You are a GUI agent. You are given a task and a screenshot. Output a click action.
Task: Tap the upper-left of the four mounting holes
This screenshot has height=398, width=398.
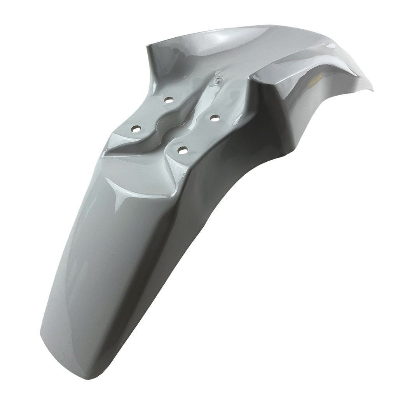168,100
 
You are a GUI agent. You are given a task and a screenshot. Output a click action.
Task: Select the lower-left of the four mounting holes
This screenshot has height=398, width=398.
136,129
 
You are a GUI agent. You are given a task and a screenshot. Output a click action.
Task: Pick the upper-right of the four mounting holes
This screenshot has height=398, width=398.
213,117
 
